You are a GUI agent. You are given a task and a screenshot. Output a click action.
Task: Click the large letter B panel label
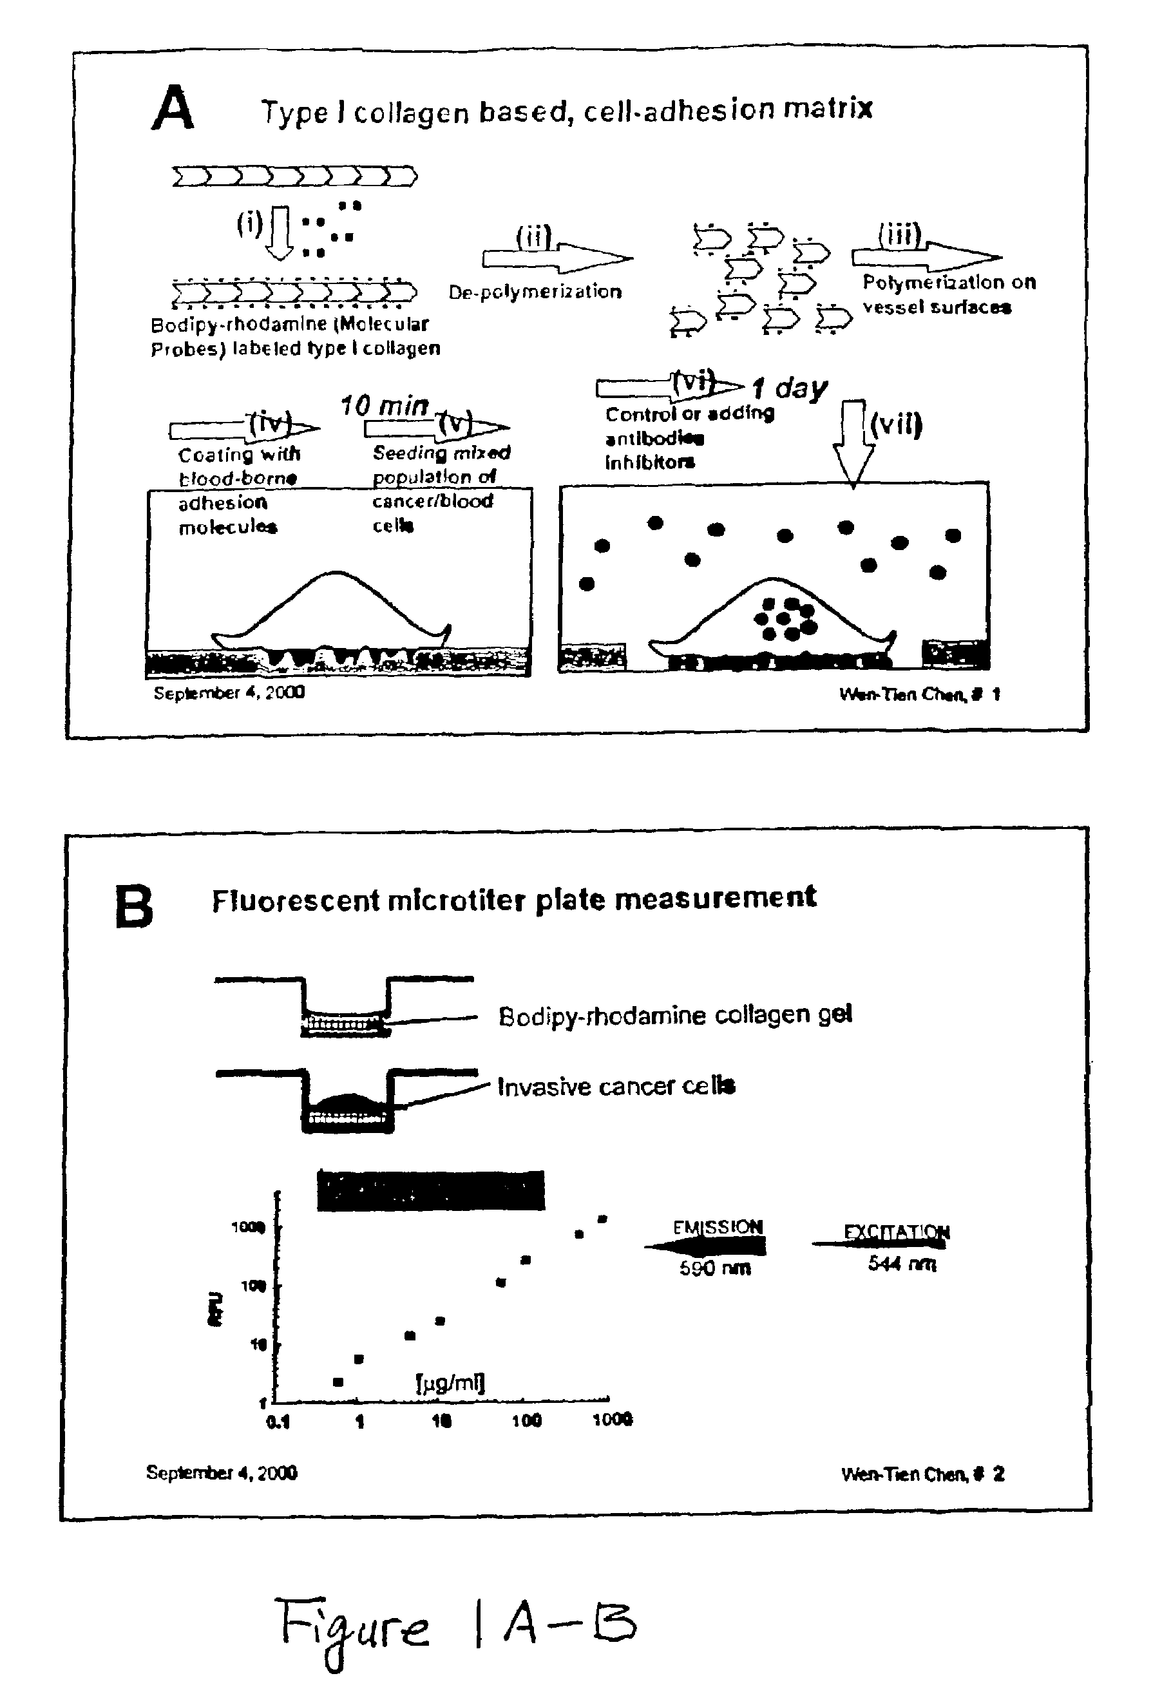(x=134, y=907)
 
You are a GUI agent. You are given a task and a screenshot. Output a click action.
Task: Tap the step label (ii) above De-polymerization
(x=533, y=237)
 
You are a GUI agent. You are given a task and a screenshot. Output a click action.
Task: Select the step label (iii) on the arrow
(x=899, y=234)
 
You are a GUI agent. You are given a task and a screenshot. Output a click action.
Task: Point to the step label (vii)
(x=896, y=424)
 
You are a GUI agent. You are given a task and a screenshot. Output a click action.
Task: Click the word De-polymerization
(x=535, y=292)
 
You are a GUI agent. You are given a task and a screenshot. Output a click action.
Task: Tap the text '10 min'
(x=385, y=406)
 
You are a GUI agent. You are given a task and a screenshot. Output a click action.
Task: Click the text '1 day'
(x=790, y=387)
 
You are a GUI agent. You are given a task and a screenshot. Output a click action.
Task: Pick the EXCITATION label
(x=897, y=1232)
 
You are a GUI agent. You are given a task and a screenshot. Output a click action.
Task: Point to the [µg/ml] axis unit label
(x=450, y=1383)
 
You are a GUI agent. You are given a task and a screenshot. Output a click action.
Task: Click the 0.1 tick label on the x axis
(x=278, y=1422)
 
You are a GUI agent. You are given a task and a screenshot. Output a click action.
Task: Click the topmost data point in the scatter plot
(x=602, y=1219)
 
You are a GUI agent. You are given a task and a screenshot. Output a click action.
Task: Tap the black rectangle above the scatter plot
(x=431, y=1190)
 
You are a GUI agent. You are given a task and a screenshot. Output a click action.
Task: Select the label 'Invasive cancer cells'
(x=616, y=1086)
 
